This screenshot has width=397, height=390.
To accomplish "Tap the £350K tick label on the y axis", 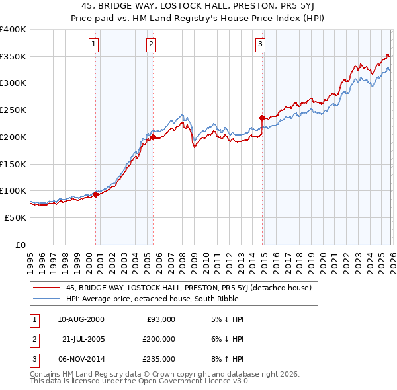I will coord(13,57).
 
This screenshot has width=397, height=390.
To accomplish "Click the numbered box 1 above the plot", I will coord(94,44).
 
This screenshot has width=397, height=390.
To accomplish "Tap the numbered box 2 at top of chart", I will coord(152,44).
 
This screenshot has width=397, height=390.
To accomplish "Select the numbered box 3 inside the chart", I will coord(260,44).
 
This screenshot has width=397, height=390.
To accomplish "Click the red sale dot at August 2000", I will coord(95,194).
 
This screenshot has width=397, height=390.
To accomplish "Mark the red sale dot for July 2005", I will coord(153,137).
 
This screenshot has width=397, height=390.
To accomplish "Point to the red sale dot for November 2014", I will coord(262,118).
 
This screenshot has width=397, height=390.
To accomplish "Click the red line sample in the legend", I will coord(48,287).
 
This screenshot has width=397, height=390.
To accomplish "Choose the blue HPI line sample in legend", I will coord(48,299).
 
